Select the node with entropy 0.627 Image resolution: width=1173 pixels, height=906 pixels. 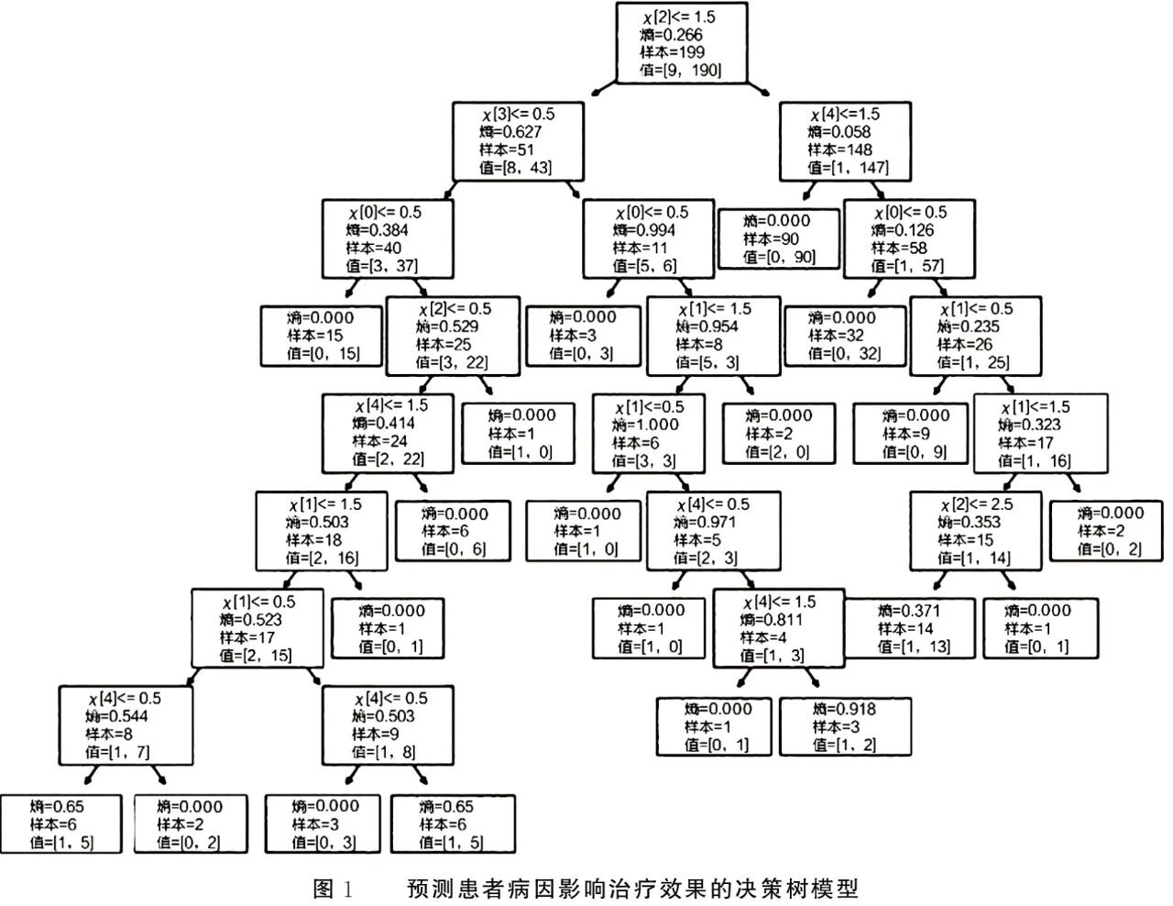pyautogui.click(x=518, y=141)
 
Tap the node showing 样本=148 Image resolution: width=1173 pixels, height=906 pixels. pyautogui.click(x=846, y=141)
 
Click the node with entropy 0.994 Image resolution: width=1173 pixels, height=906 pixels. pyautogui.click(x=649, y=239)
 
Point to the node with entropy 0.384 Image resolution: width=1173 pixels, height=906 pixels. pyautogui.click(x=388, y=239)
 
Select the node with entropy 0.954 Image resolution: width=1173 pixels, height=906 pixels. pyautogui.click(x=714, y=336)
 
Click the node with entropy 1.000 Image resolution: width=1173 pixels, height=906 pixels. pyautogui.click(x=649, y=433)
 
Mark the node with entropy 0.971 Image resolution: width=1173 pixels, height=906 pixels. pyautogui.click(x=714, y=531)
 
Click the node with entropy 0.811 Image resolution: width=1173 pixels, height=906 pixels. pyautogui.click(x=778, y=628)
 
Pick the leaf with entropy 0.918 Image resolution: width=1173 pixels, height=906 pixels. pyautogui.click(x=845, y=726)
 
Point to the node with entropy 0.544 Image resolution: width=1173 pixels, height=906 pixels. pyautogui.click(x=126, y=725)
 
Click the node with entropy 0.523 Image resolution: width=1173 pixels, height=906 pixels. pyautogui.click(x=258, y=628)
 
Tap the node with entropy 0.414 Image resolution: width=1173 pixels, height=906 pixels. pyautogui.click(x=388, y=433)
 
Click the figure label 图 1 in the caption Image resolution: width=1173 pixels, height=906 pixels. pyautogui.click(x=333, y=888)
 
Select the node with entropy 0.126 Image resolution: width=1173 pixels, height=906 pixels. pyautogui.click(x=909, y=239)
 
